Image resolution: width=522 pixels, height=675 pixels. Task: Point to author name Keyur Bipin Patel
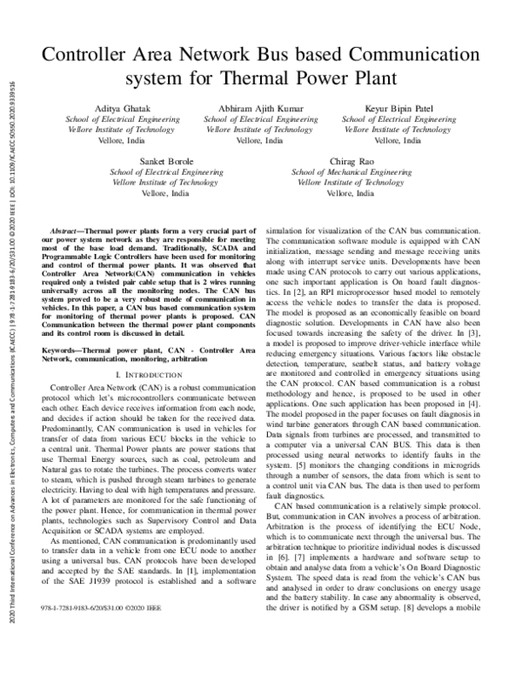click(x=399, y=108)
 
